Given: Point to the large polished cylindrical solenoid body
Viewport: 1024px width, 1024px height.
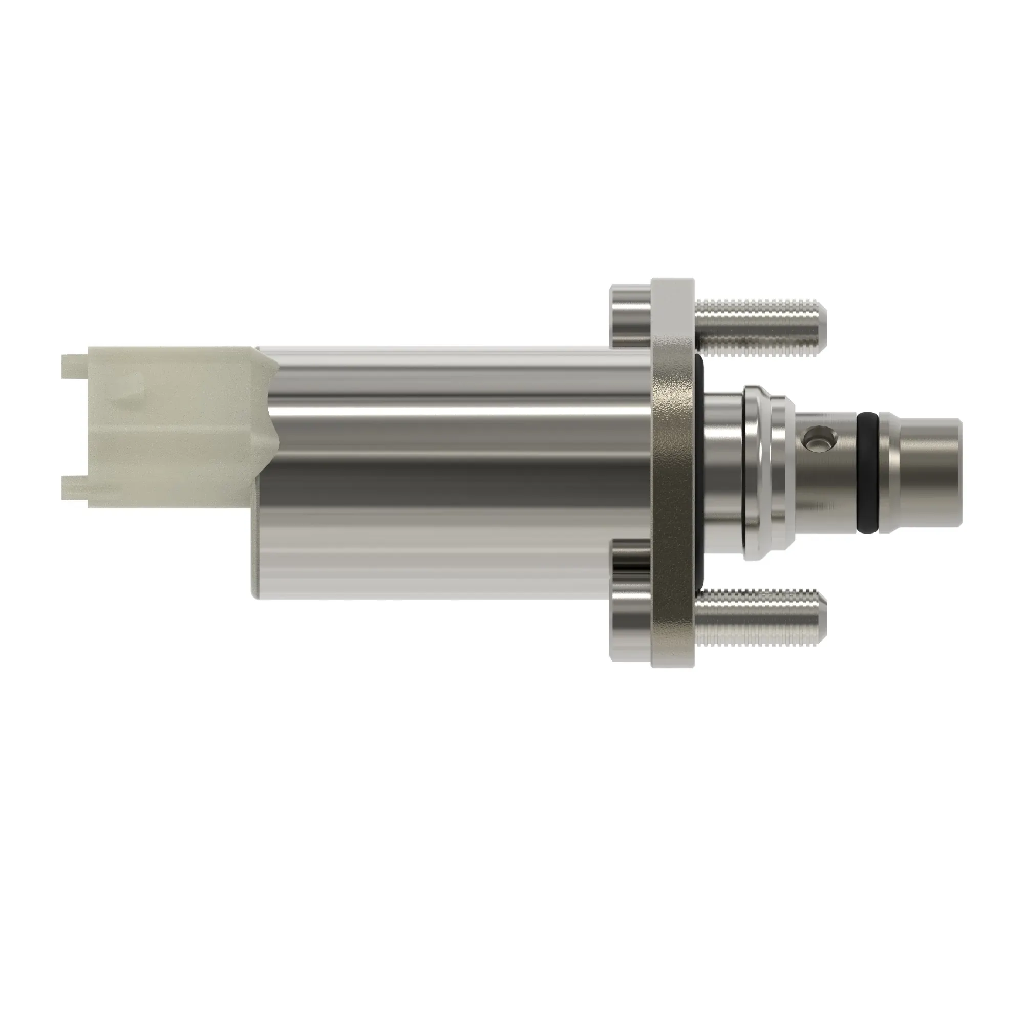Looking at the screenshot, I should (x=451, y=472).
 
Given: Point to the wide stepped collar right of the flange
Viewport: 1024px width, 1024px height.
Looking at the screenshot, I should (x=763, y=472).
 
